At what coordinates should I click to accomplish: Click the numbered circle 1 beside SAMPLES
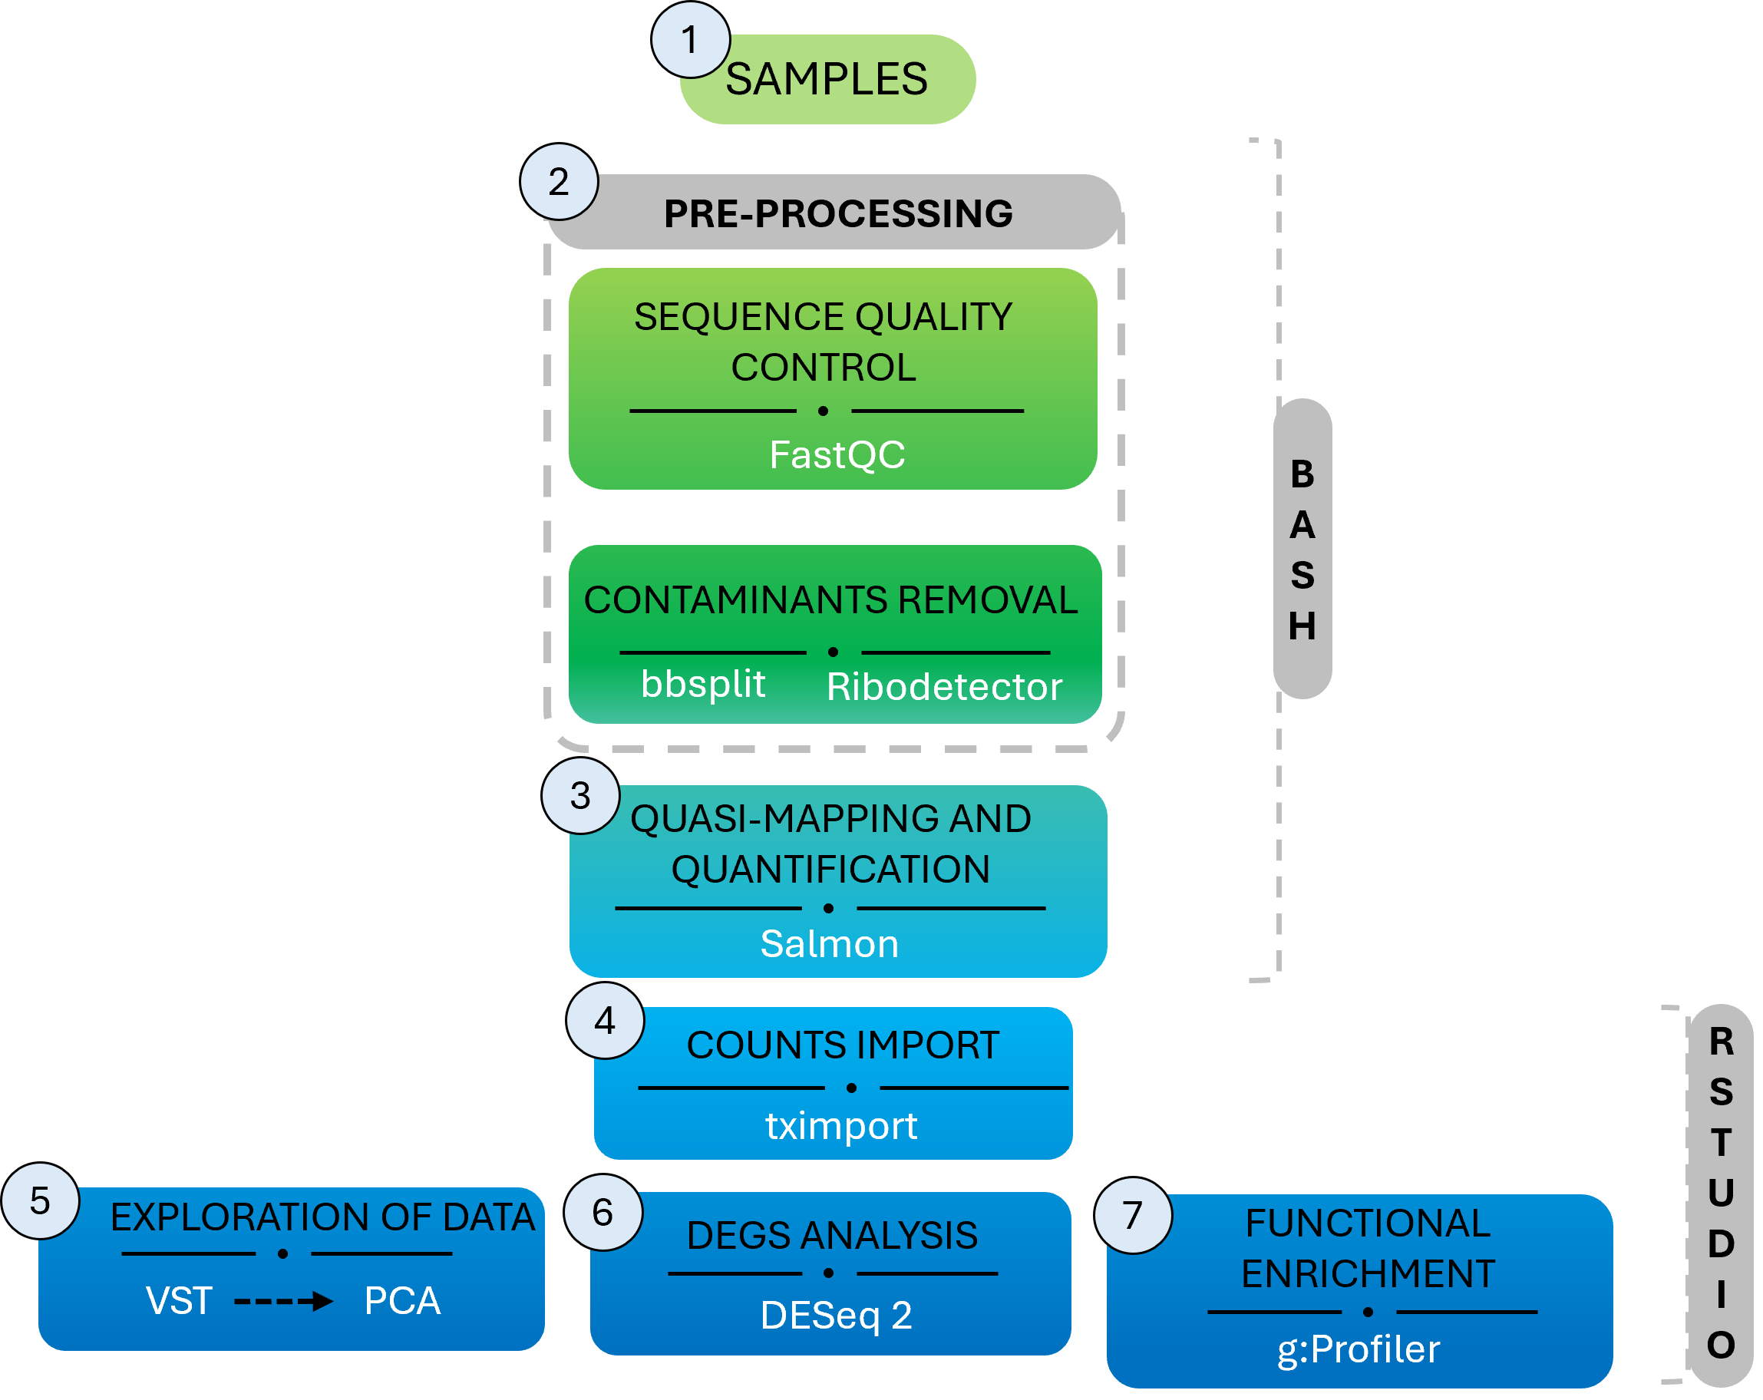(690, 40)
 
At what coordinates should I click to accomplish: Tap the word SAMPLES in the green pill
(826, 79)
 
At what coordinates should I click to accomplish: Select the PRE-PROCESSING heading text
(837, 213)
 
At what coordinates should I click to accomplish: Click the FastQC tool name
(837, 454)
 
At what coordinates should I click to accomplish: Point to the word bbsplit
(702, 684)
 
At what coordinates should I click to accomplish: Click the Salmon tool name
(829, 943)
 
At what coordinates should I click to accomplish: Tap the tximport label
(840, 1126)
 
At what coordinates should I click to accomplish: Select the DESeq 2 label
(836, 1315)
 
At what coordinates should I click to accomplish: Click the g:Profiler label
(1359, 1349)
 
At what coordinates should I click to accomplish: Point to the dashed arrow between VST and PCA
(283, 1300)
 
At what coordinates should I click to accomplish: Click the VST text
(178, 1300)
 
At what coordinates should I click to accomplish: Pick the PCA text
(402, 1300)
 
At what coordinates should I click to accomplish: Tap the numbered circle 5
(40, 1200)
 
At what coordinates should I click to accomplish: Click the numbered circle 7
(1133, 1215)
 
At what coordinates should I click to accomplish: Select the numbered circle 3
(580, 796)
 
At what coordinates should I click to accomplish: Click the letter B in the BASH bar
(1302, 474)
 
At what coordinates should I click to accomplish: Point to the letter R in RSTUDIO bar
(1721, 1042)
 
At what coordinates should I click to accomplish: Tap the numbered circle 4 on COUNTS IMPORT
(605, 1021)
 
